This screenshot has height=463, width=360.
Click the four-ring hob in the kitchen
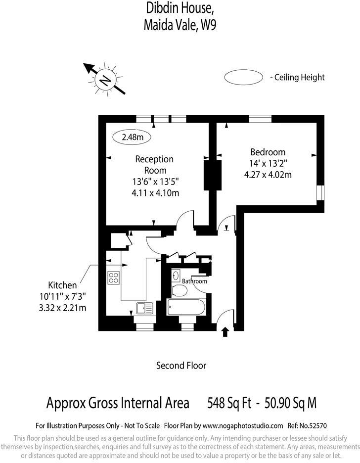pyautogui.click(x=113, y=278)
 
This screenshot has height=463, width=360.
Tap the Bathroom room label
pyautogui.click(x=194, y=281)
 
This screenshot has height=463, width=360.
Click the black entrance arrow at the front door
pyautogui.click(x=225, y=331)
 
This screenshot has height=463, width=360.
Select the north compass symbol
pyautogui.click(x=105, y=79)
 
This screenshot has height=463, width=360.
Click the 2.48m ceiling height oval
pyautogui.click(x=132, y=137)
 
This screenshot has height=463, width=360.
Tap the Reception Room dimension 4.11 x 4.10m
pyautogui.click(x=155, y=193)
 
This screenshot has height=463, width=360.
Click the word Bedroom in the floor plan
pyautogui.click(x=268, y=152)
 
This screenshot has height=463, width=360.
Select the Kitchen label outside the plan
pyautogui.click(x=62, y=285)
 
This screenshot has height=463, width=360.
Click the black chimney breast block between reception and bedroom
pyautogui.click(x=213, y=175)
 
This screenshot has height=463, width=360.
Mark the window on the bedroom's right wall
pyautogui.click(x=320, y=192)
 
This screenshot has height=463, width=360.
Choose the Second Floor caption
pyautogui.click(x=181, y=366)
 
